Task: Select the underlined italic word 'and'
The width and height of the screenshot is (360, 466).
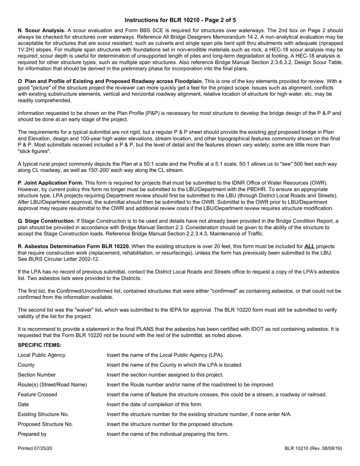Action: (272, 132)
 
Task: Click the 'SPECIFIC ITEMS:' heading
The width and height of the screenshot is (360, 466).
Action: (40, 345)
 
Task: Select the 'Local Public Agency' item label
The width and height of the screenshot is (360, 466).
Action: (42, 355)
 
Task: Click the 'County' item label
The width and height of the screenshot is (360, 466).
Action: (26, 365)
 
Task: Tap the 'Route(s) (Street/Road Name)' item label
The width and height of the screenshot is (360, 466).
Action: (52, 385)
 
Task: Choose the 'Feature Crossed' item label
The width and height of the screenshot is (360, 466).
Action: (38, 394)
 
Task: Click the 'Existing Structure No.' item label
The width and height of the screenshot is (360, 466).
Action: (44, 414)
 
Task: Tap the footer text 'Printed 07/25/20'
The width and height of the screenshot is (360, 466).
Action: (35, 449)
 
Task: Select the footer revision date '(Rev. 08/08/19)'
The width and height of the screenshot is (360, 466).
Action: (326, 449)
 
